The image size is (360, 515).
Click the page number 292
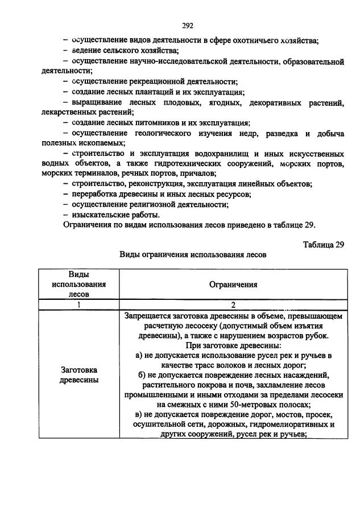[188, 26]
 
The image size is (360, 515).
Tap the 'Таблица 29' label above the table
[324, 244]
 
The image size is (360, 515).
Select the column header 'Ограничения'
[233, 284]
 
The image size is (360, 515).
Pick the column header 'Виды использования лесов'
[79, 284]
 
